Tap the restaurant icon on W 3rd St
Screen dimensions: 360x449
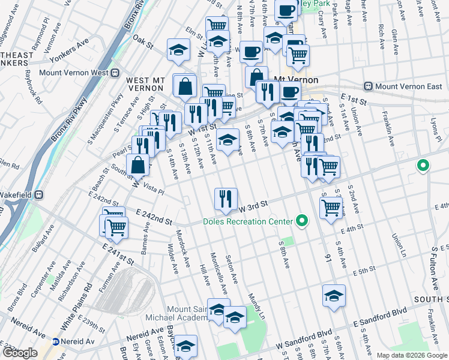coord(226,199)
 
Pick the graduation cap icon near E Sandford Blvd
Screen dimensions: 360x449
coord(334,296)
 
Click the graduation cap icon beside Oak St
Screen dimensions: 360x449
coord(178,51)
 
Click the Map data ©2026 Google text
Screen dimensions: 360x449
coord(411,355)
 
